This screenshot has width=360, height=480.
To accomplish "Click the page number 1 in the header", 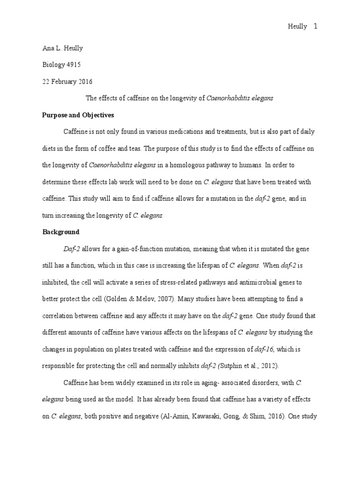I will point(315,27).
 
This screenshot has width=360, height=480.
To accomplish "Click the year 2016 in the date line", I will point(86,81).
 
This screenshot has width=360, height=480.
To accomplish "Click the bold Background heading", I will point(61,232).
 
